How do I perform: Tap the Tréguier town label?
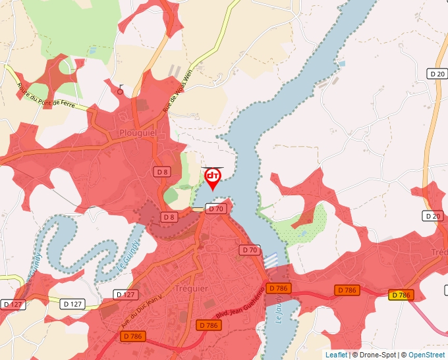pos(192,289)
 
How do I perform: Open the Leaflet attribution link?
pos(336,355)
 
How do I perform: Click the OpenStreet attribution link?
pos(426,355)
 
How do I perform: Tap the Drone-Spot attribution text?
pos(374,355)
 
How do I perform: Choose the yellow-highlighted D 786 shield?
pos(400,295)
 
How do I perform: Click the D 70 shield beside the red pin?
pos(215,209)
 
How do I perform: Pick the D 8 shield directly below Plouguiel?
pos(162,171)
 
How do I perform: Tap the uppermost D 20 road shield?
pos(436,74)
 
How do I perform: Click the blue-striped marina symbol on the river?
pos(271,259)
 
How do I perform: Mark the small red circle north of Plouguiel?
pos(120,92)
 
